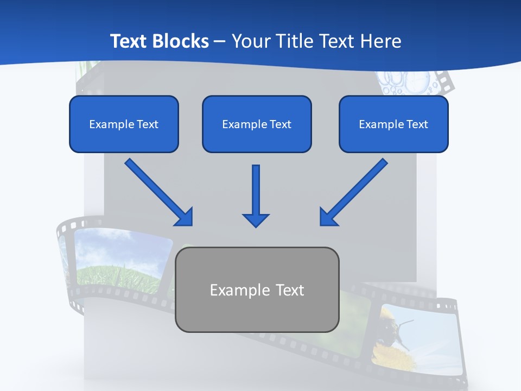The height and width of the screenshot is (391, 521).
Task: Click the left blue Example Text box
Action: click(x=124, y=124)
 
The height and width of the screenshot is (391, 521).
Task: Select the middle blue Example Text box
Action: click(x=257, y=124)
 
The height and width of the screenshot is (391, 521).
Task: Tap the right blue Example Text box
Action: click(x=393, y=124)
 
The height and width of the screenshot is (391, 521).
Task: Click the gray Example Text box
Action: click(x=257, y=289)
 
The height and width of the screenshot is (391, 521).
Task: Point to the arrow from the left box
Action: click(x=157, y=191)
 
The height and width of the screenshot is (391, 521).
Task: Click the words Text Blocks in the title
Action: click(x=159, y=41)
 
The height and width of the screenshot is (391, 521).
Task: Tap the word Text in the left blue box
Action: click(x=148, y=124)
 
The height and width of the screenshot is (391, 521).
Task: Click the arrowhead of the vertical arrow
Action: click(x=256, y=219)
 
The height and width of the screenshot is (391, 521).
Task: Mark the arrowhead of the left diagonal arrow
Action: click(x=185, y=217)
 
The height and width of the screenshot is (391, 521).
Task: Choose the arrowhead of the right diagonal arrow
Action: click(x=328, y=217)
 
